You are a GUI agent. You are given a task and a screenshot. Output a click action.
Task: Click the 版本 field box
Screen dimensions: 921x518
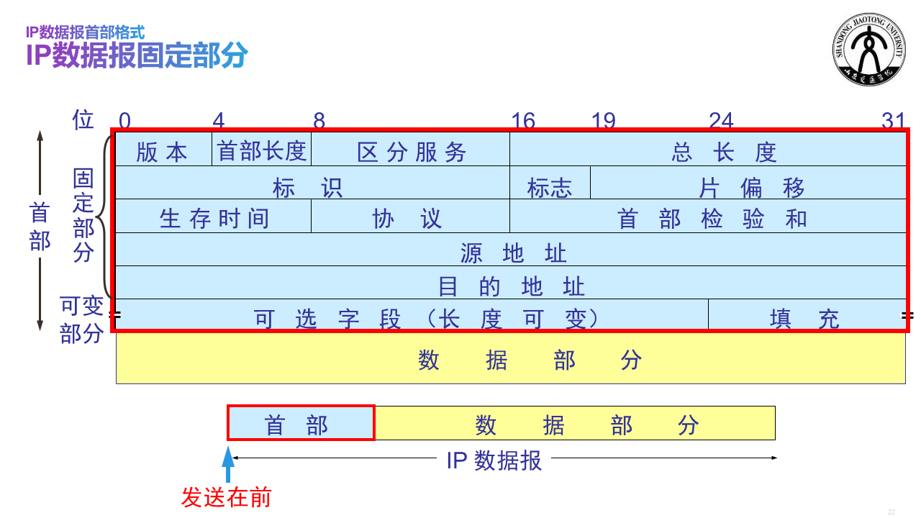point(163,150)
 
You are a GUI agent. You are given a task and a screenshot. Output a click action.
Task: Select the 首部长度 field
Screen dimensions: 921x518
point(262,150)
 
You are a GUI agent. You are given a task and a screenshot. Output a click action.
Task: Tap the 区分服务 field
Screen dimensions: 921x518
point(411,151)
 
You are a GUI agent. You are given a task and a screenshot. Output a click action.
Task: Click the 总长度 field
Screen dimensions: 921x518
point(725,151)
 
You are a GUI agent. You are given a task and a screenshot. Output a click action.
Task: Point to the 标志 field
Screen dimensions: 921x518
point(550,187)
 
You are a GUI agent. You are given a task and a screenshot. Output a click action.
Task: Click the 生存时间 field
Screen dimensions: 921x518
point(214,218)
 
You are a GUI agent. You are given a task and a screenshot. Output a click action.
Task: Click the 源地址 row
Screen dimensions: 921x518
point(512,252)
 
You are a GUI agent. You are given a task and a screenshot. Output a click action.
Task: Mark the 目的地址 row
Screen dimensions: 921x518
point(512,286)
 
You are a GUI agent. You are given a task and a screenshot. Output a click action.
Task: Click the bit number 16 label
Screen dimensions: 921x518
point(523,120)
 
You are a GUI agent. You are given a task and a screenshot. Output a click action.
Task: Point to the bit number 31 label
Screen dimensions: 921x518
point(893,120)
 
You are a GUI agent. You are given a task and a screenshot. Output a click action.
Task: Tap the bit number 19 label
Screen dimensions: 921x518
point(603,120)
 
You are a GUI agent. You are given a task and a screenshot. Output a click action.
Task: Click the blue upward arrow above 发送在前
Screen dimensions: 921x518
point(229,465)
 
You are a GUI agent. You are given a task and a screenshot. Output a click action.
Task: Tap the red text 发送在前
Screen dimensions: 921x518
point(226,497)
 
